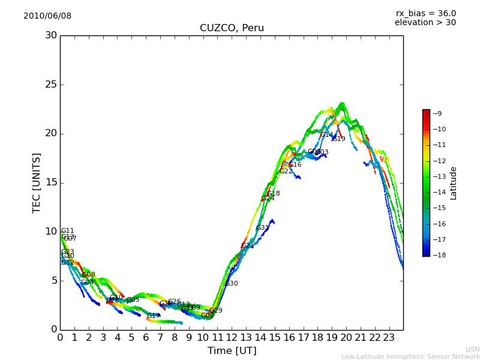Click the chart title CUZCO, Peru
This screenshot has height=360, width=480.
tap(232, 28)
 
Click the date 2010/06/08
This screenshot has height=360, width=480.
tap(47, 16)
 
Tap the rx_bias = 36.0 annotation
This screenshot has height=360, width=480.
tap(425, 13)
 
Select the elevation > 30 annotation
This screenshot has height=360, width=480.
tap(425, 23)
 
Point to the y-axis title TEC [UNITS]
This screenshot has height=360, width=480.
tap(37, 182)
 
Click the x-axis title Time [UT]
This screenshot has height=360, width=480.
tap(232, 350)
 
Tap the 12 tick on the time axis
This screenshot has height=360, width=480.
tap(232, 337)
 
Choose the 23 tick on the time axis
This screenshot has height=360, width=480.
tap(389, 337)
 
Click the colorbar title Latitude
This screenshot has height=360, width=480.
tap(454, 182)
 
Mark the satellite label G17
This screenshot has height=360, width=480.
tap(154, 316)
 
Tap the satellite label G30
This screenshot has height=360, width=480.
tap(232, 284)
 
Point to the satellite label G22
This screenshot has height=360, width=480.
tap(286, 172)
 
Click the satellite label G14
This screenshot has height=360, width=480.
tap(326, 135)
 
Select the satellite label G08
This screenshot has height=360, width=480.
tap(89, 275)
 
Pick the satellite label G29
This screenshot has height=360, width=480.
tap(216, 311)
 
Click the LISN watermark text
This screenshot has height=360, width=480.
tap(473, 349)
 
